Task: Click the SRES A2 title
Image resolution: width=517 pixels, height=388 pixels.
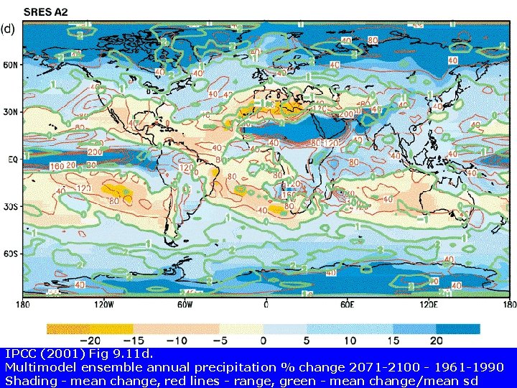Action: click(47, 11)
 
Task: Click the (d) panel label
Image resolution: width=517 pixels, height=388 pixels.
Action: click(8, 29)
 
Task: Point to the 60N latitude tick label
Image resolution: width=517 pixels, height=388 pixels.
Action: click(10, 65)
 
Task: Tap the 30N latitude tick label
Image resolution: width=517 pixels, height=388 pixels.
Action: click(10, 111)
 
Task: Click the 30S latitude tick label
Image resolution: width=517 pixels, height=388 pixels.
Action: click(10, 206)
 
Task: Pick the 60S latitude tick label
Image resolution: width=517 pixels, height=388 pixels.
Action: click(10, 254)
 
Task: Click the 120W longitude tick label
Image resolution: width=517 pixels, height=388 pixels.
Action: click(103, 305)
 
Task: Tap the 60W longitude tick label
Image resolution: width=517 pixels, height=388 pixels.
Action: click(185, 305)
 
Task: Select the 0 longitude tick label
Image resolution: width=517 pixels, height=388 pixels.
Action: click(266, 305)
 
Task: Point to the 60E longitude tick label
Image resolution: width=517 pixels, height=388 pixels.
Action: click(347, 305)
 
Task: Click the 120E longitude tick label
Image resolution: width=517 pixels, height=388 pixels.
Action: click(428, 305)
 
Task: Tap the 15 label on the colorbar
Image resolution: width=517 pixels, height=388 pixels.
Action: click(393, 340)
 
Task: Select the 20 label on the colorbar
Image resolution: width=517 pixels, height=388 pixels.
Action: click(436, 340)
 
